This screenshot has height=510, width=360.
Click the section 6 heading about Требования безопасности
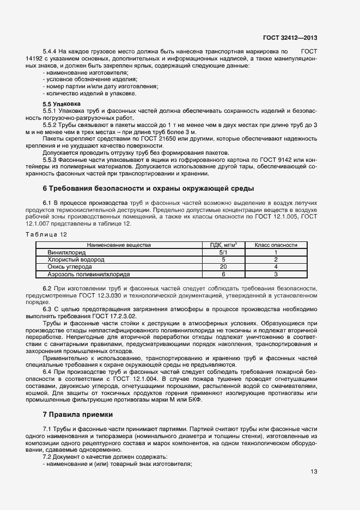point(148,189)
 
